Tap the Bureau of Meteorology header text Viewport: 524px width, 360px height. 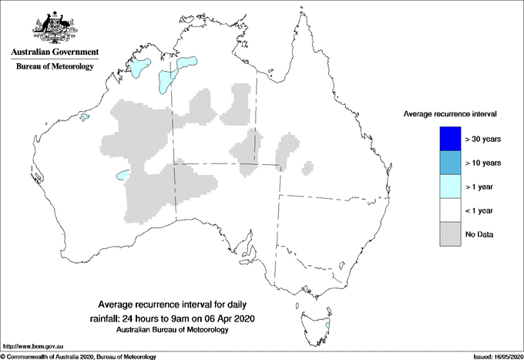coord(55,67)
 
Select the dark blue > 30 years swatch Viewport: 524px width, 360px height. coord(444,139)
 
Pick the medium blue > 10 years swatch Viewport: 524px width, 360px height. coord(444,163)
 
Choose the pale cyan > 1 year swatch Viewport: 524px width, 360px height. coord(444,187)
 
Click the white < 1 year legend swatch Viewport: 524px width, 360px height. coord(444,210)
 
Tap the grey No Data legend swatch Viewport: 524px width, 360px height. coord(444,234)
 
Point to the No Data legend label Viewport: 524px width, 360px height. coord(480,234)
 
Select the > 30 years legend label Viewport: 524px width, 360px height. coord(484,139)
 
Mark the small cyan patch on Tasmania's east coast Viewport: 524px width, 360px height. coord(328,325)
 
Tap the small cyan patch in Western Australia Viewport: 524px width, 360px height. coord(122,175)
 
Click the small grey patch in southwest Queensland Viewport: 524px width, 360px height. coord(308,167)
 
